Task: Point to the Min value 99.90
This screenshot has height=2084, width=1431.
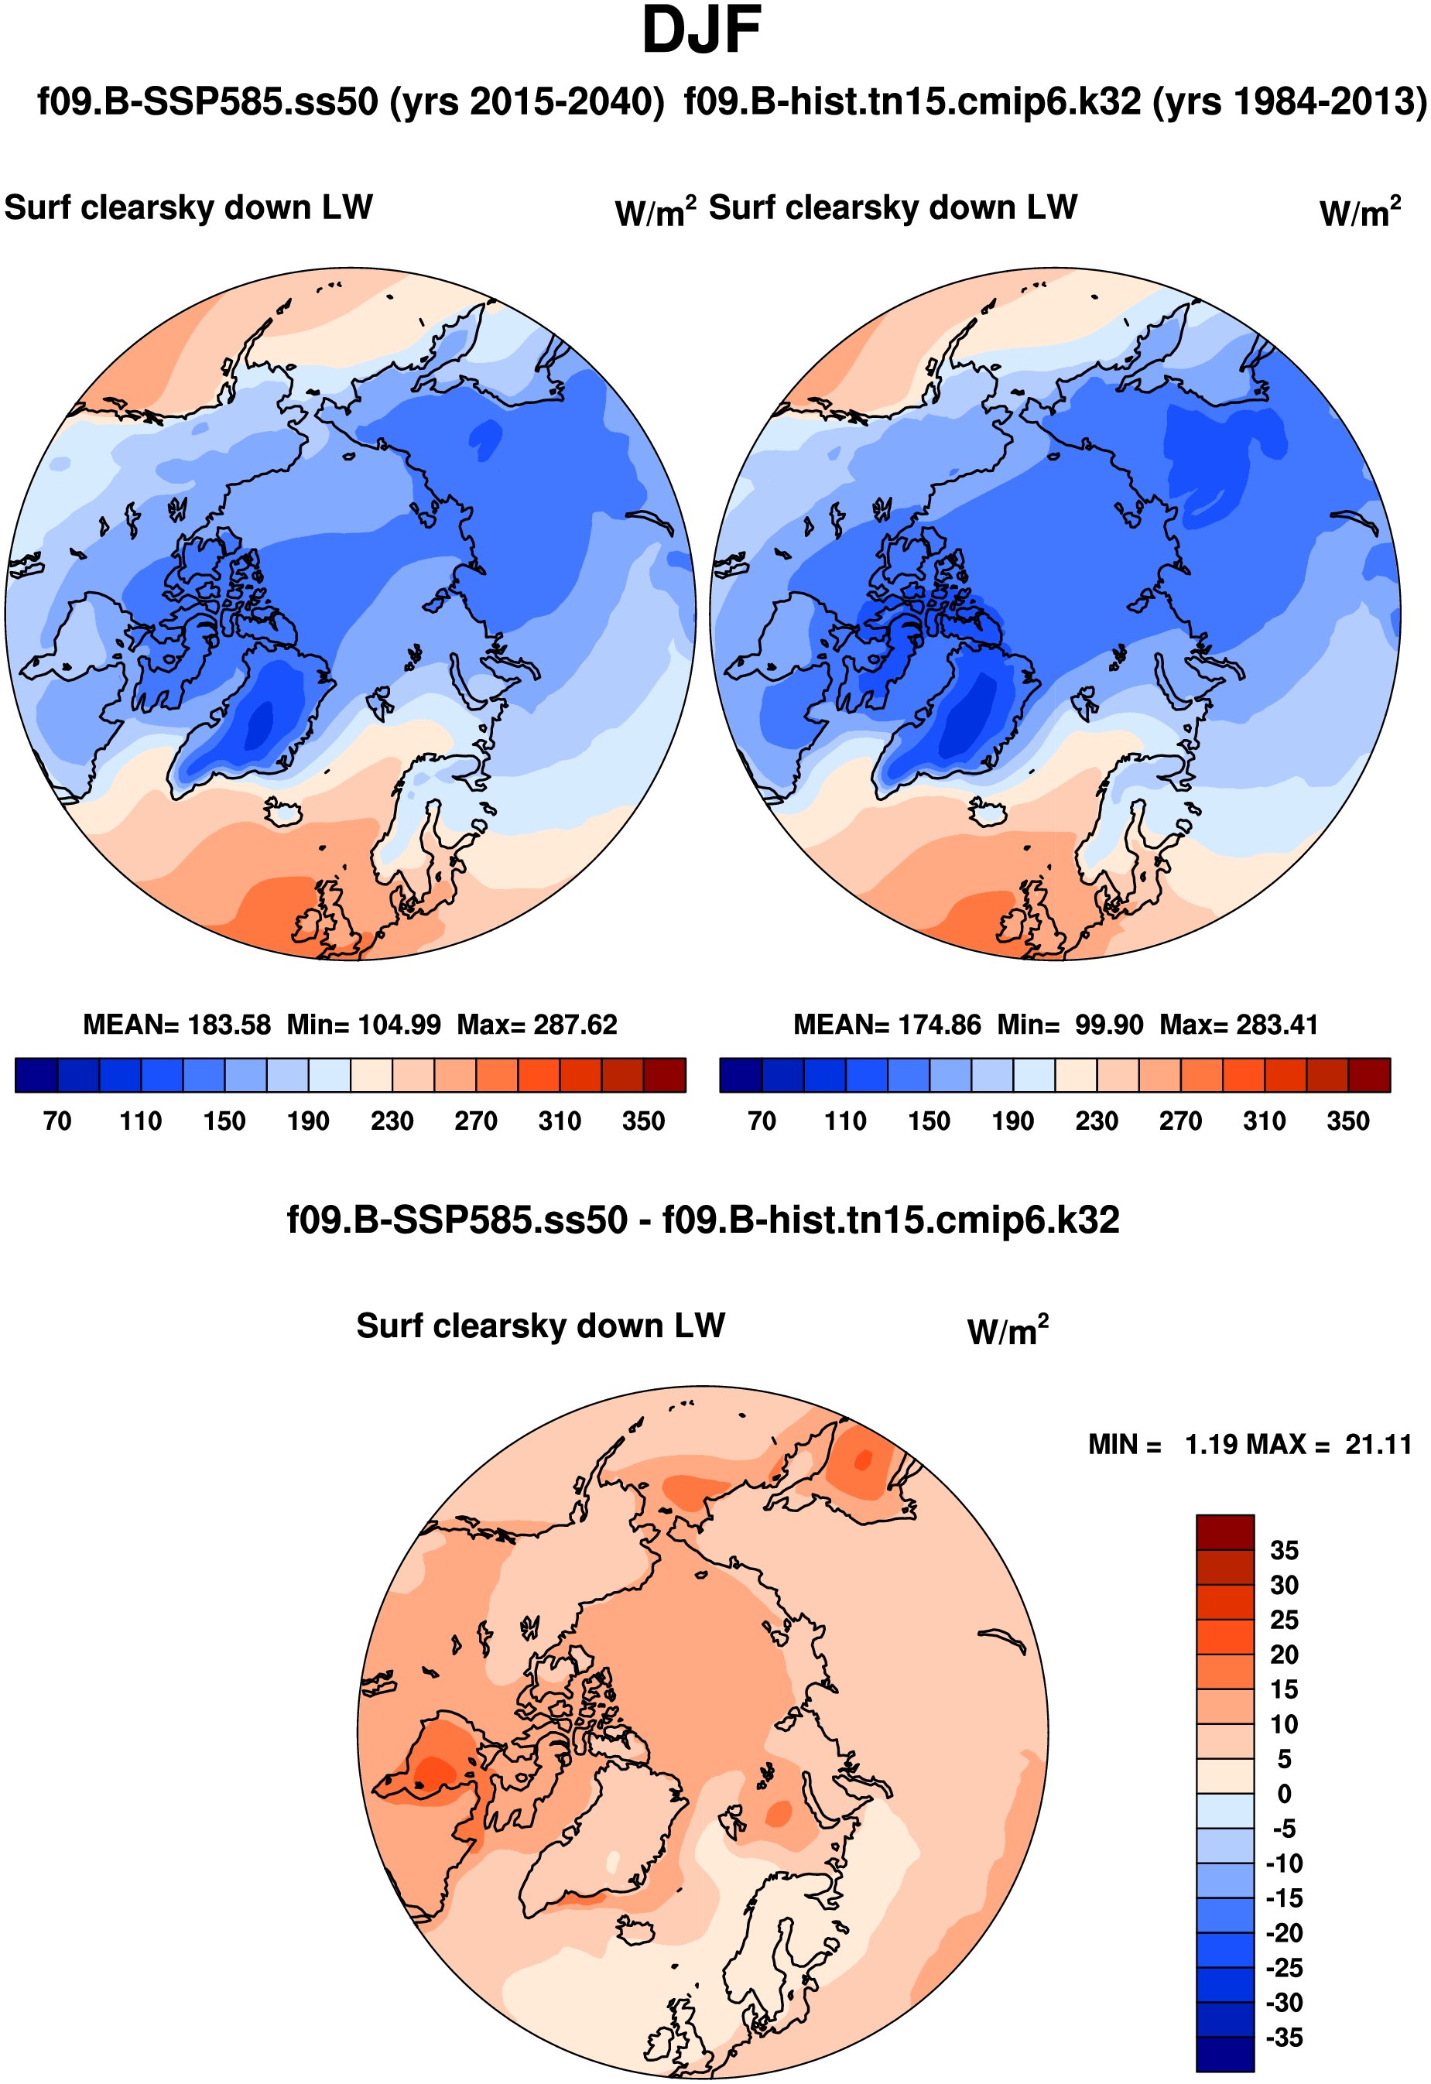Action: [1108, 1024]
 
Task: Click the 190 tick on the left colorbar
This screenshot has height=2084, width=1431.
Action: [307, 1121]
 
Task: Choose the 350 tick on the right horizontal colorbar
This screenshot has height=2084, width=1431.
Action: [1347, 1121]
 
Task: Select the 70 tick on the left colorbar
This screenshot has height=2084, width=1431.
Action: [57, 1121]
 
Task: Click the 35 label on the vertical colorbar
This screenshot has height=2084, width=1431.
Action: [1284, 1551]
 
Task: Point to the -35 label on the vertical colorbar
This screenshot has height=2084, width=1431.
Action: [1284, 2038]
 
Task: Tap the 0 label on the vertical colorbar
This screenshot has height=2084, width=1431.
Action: [1284, 1794]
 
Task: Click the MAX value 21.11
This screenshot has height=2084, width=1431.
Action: [1378, 1445]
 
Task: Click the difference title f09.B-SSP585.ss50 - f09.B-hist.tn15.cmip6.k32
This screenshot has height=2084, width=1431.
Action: [702, 1220]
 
